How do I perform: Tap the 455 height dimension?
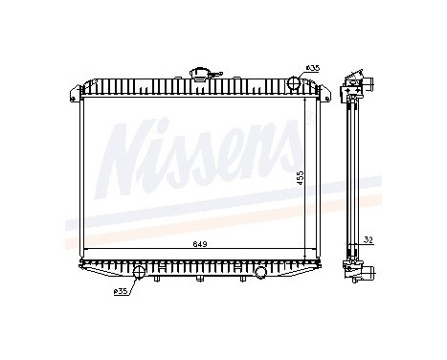[301, 179]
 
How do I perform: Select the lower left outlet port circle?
[141, 273]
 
